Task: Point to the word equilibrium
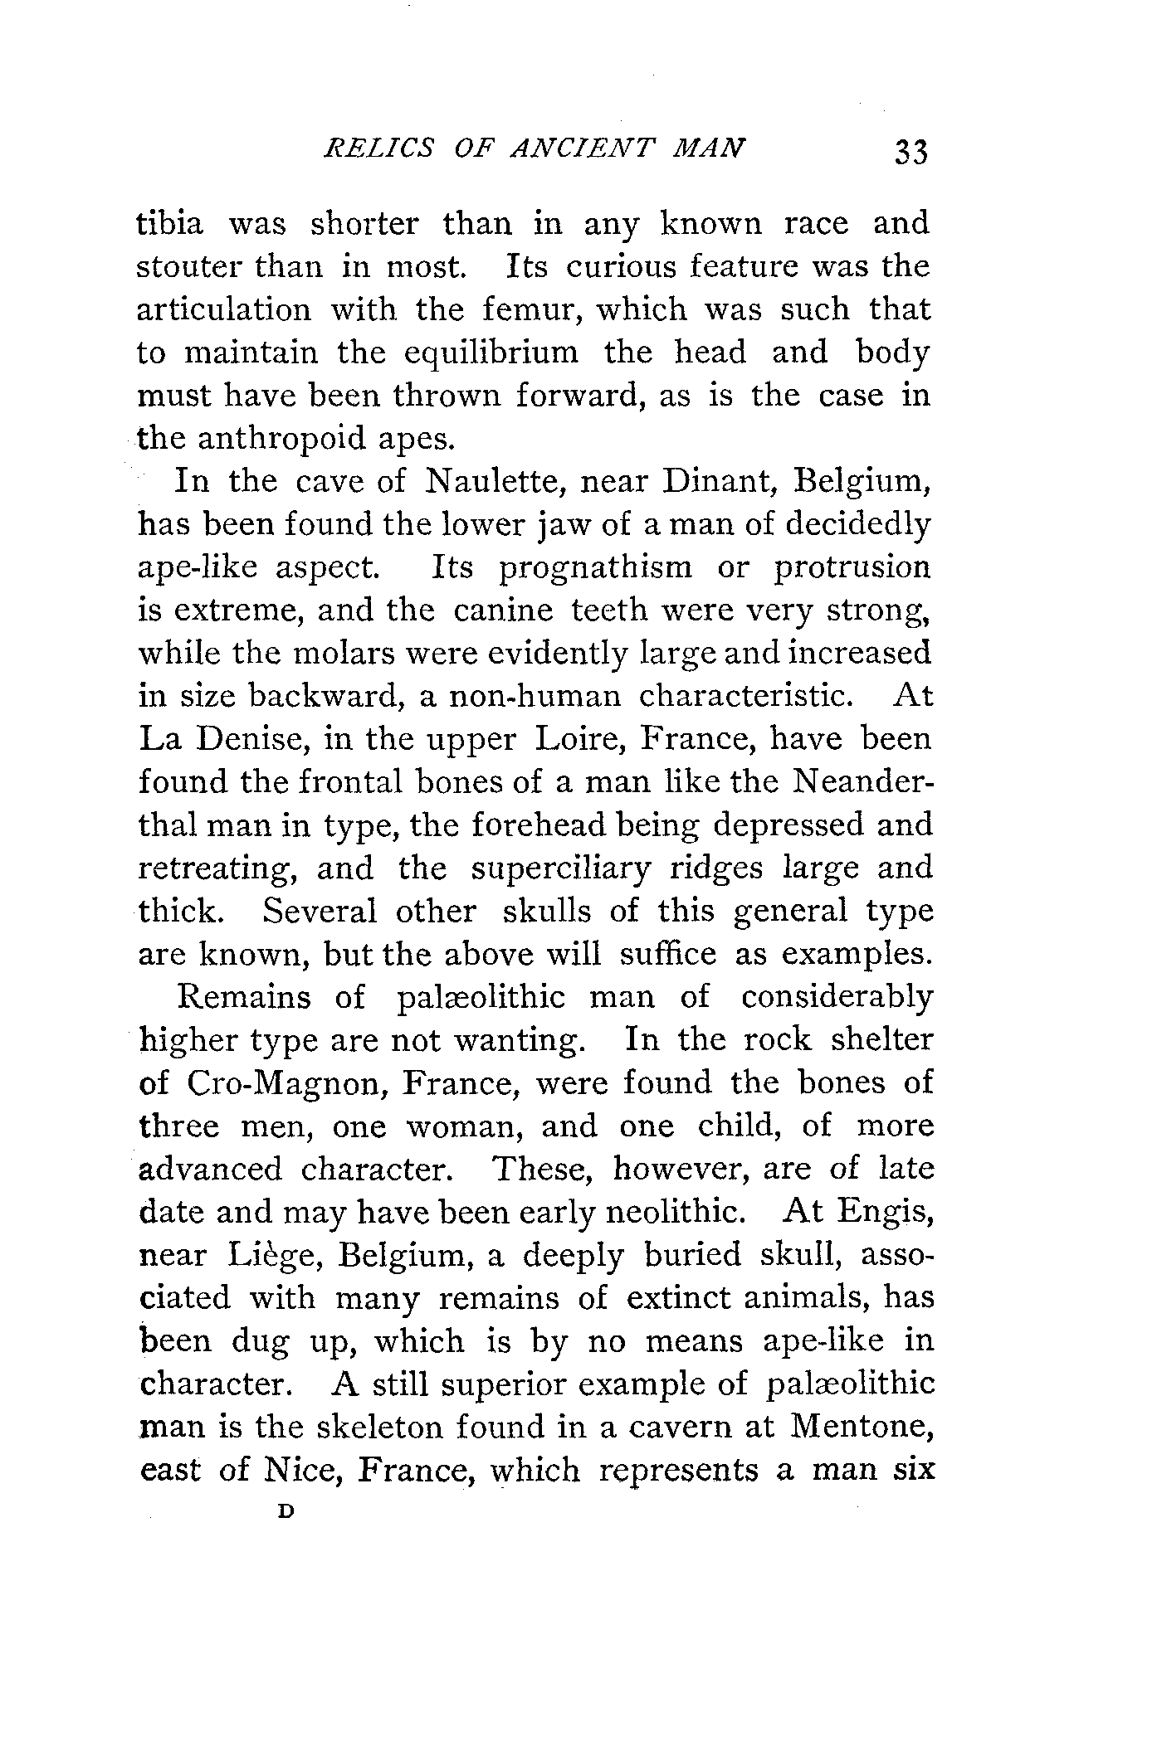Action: tap(491, 353)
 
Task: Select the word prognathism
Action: tap(595, 567)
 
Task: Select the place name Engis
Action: tap(885, 1213)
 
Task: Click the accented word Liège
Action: tap(274, 1256)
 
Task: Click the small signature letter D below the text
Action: tap(286, 1510)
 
